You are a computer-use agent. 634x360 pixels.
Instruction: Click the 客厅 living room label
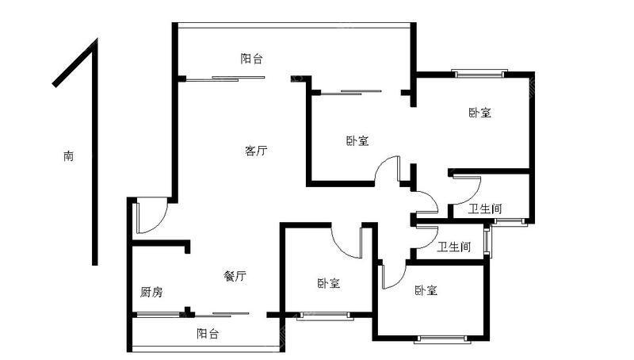tap(256, 151)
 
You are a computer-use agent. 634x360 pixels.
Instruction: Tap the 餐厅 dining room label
tap(235, 276)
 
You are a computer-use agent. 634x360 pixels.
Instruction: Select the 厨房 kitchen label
tap(151, 292)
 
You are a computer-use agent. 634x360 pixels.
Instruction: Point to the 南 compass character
tap(69, 155)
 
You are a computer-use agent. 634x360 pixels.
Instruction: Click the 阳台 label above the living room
tap(252, 59)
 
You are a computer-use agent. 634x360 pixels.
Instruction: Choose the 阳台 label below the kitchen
tap(208, 334)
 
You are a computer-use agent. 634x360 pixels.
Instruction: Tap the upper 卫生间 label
tap(485, 209)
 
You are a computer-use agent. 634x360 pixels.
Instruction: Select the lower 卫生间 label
tap(454, 247)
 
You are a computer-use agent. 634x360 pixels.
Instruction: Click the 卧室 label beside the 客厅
tap(357, 141)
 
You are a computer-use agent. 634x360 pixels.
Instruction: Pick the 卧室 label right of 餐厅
tap(329, 283)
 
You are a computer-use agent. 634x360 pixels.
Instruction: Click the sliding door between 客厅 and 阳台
tap(225, 79)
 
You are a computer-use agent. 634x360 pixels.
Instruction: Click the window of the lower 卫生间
tap(488, 241)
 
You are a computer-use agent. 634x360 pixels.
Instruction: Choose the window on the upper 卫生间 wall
tap(509, 221)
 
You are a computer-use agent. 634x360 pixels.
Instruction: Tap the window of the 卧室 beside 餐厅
tap(324, 316)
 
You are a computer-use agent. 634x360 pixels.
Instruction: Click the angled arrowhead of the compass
tap(75, 63)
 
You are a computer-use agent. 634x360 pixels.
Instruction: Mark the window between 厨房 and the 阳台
tap(159, 315)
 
